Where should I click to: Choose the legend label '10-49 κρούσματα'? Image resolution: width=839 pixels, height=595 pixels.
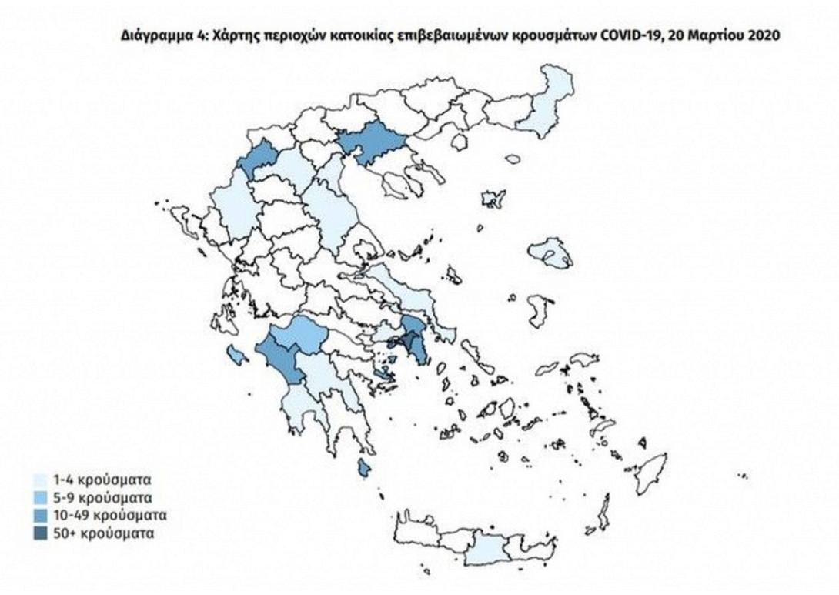point(102,514)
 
